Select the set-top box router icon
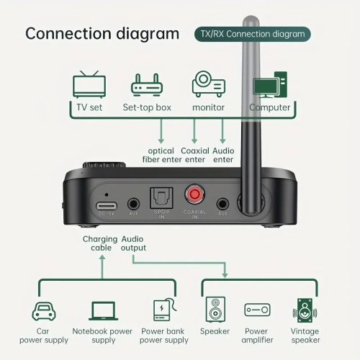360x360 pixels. click(146, 85)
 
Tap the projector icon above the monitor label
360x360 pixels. click(208, 84)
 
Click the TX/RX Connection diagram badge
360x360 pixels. click(252, 33)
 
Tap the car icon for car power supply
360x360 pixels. click(43, 310)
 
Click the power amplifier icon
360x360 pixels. click(257, 310)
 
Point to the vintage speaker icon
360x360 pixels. click(305, 310)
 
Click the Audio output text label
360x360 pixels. click(133, 243)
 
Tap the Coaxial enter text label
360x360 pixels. click(194, 155)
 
